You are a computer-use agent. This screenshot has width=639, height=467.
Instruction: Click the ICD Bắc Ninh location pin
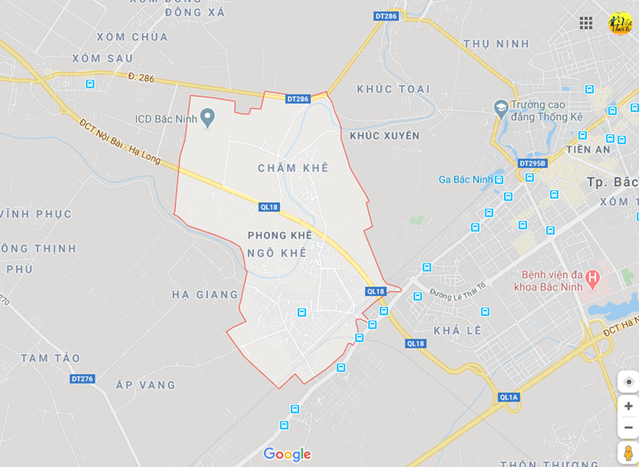pos(207,118)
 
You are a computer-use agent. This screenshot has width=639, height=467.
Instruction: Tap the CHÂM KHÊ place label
pos(293,168)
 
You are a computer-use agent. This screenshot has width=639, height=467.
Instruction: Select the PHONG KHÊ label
pos(280,235)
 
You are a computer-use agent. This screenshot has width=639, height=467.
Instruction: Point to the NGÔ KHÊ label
pos(276,252)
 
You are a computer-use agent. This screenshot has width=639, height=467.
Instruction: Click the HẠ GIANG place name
pos(205,294)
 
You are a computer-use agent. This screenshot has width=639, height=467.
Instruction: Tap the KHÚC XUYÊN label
pos(385,136)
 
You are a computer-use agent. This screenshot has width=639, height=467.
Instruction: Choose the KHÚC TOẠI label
pos(394,89)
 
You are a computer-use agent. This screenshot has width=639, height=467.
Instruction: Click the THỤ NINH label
pos(496,44)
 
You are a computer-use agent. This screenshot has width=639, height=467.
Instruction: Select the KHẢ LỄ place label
pos(458,330)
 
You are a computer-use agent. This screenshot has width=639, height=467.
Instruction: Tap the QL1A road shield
pos(509,397)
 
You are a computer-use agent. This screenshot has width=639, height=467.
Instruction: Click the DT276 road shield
pos(82,379)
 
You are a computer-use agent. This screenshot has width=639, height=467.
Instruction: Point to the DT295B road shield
pos(533,163)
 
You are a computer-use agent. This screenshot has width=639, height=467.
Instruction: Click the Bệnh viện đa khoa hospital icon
pos(593,278)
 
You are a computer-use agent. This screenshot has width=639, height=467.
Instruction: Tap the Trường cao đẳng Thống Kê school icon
pos(500,106)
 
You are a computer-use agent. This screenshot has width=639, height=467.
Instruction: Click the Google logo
pos(287,454)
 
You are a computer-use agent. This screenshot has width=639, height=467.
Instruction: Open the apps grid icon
pos(586,23)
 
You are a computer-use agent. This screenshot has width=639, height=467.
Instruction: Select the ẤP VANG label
pos(145,385)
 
